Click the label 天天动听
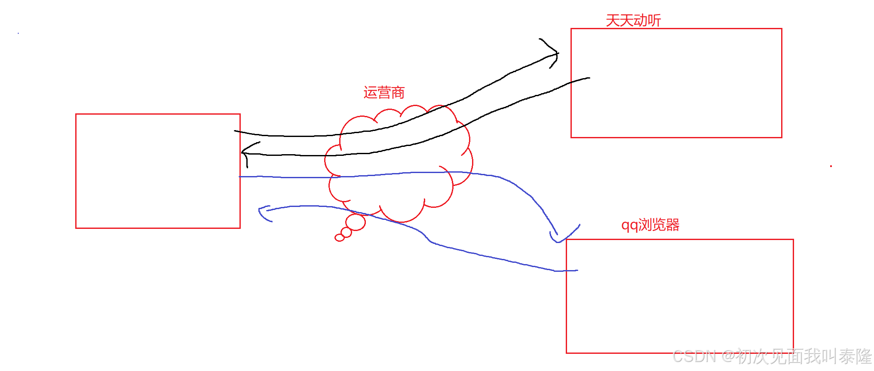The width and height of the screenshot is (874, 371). (x=633, y=21)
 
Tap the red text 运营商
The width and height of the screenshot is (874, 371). (x=384, y=92)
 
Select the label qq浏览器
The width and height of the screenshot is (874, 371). (x=650, y=225)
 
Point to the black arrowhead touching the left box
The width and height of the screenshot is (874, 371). (x=245, y=152)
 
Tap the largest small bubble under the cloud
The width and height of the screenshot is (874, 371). (x=356, y=222)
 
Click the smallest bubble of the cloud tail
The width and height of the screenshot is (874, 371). (x=339, y=237)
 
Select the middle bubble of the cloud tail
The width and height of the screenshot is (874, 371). (x=346, y=232)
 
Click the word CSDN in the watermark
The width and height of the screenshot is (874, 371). (x=694, y=357)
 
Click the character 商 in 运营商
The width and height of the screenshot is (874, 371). (x=398, y=92)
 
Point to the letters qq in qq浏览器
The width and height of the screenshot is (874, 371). (x=629, y=225)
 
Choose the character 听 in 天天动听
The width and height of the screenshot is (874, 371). (x=654, y=21)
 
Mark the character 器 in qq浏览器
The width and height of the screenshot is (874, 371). (x=672, y=225)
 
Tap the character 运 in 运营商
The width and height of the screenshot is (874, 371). (x=370, y=92)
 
